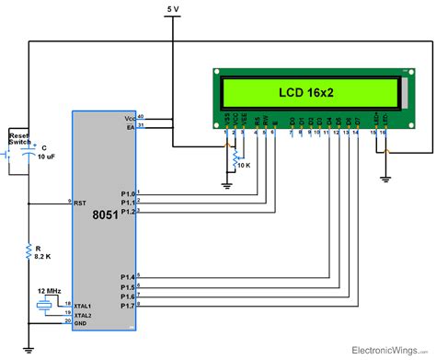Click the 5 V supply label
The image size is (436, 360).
tap(173, 8)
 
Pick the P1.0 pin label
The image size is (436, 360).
tap(128, 193)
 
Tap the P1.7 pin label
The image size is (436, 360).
tap(128, 305)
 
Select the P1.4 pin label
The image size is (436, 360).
tap(128, 276)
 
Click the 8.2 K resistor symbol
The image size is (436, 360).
tap(29, 249)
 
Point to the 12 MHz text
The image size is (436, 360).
tap(48, 291)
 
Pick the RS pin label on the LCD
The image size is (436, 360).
tap(256, 121)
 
